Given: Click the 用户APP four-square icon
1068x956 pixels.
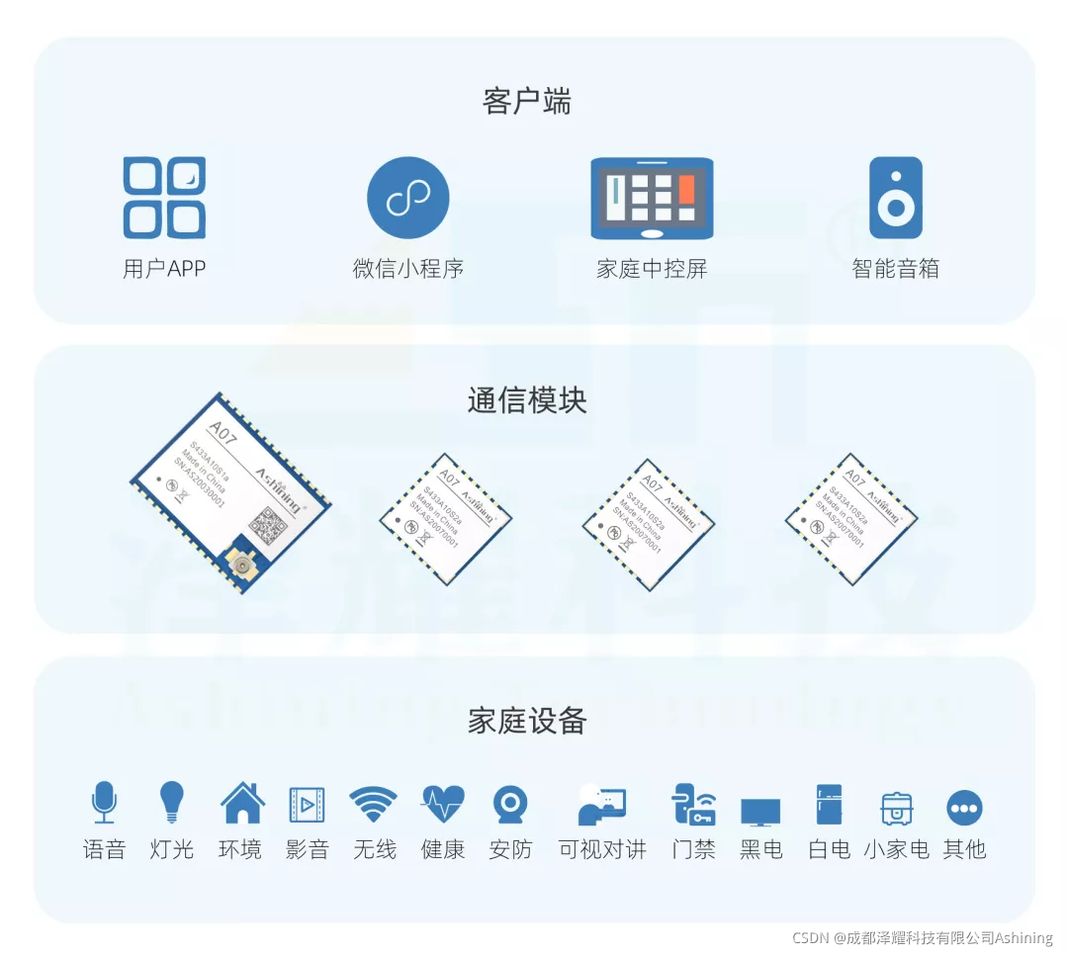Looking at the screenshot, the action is pos(164,198).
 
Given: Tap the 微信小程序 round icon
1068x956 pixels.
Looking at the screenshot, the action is pos(407,198).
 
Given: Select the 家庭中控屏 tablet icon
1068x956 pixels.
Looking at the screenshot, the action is pos(652,198).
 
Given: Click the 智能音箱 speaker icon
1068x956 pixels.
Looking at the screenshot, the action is pos(895,198).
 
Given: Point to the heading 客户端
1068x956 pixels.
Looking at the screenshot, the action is pos(527,101).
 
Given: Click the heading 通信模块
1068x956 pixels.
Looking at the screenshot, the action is pos(527,400).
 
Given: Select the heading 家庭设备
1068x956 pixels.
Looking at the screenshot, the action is pos(527,721).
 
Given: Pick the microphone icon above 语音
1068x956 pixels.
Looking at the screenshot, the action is pos(104,802).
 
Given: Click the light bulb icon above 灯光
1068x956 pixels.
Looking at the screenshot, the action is pos(172,802).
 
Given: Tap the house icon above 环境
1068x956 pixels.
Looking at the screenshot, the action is pos(241,803).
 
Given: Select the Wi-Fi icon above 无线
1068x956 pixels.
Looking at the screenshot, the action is pos(374,805).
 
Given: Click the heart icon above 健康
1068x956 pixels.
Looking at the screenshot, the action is pos(442,805).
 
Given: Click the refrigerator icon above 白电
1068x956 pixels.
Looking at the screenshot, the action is pos(829,805).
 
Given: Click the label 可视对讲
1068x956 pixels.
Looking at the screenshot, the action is pos(602,849).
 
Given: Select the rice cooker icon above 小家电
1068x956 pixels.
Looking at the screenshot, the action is pos(896,808).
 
